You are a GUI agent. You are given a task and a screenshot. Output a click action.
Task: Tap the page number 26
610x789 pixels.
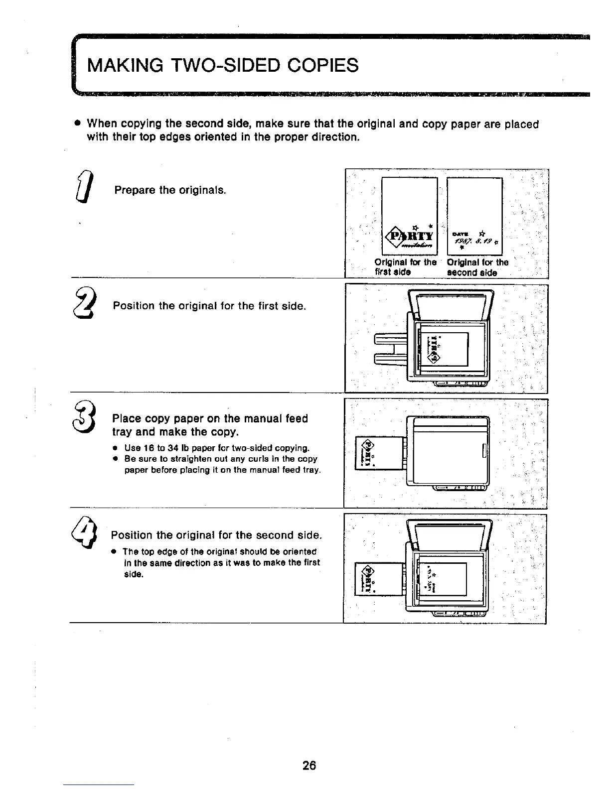click(x=309, y=765)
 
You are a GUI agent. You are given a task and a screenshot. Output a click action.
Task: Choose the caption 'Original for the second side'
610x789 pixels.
click(x=477, y=267)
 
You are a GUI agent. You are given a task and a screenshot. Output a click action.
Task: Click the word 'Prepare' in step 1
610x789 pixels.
click(x=135, y=190)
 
